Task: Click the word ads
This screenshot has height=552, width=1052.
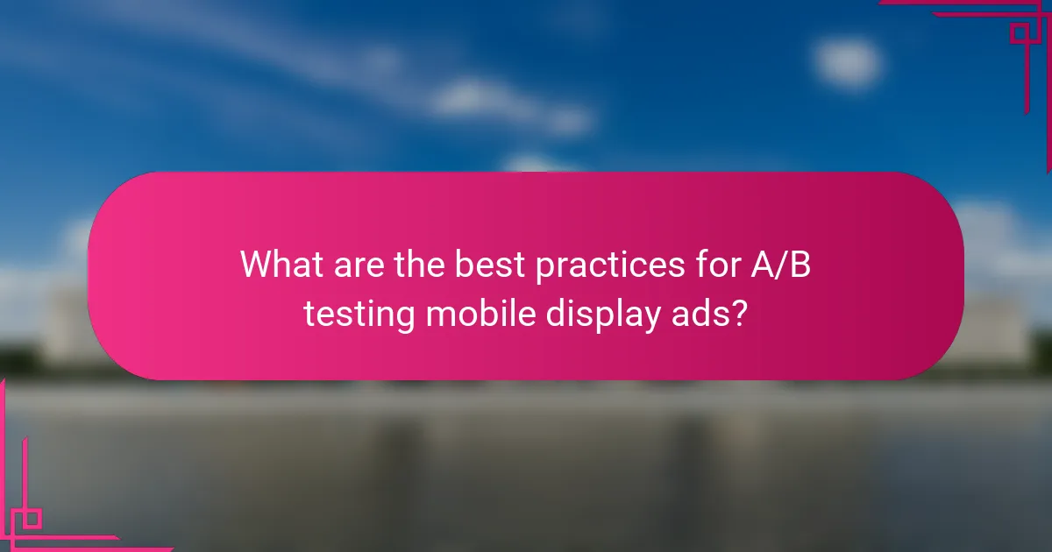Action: (x=701, y=313)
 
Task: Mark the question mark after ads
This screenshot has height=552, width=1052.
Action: (x=739, y=313)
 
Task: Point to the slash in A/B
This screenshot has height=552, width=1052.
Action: (x=778, y=264)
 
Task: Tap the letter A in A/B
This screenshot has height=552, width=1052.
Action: (x=759, y=264)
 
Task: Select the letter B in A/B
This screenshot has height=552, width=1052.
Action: (x=798, y=264)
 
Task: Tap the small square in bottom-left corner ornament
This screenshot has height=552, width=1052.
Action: (x=32, y=519)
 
